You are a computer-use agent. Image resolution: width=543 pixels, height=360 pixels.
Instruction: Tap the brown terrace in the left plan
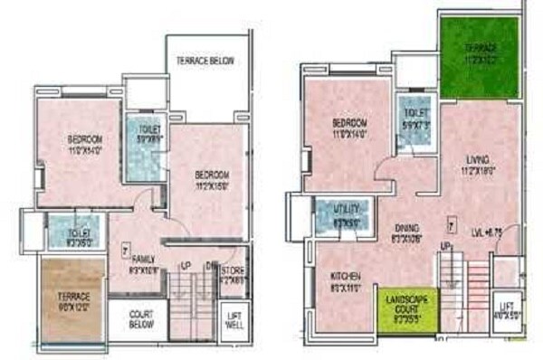(x=72, y=302)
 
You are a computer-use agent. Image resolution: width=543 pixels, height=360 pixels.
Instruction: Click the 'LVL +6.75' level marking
(x=489, y=232)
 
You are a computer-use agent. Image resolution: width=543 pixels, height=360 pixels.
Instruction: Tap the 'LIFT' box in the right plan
(x=505, y=311)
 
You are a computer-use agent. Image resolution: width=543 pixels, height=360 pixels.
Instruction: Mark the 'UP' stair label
(x=445, y=245)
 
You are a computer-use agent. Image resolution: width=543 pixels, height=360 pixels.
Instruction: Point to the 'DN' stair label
(x=210, y=265)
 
